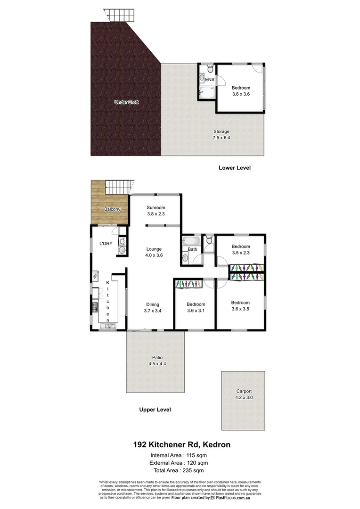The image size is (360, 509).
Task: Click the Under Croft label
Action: (x=126, y=102)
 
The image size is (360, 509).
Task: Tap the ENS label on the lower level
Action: (x=210, y=80)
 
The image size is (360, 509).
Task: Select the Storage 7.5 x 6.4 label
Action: (x=221, y=135)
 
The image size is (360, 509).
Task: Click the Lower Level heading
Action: (x=234, y=168)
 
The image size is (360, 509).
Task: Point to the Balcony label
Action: (x=112, y=209)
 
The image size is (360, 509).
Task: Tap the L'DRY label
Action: (x=105, y=243)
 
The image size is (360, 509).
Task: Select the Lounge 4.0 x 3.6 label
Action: (x=154, y=252)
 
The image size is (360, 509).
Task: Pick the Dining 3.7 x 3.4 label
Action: (x=152, y=307)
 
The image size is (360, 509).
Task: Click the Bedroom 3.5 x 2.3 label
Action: (x=240, y=249)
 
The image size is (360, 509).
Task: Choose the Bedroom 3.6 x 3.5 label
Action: (x=240, y=306)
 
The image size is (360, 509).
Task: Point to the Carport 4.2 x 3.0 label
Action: (x=244, y=394)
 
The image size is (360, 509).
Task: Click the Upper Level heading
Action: (x=155, y=410)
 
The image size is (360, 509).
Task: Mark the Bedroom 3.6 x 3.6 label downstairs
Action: (x=241, y=91)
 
